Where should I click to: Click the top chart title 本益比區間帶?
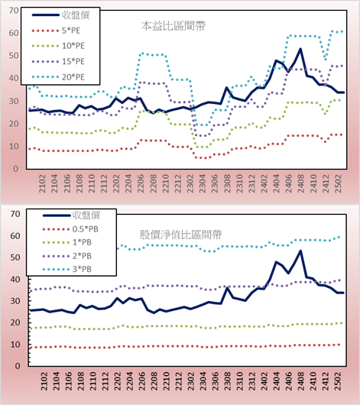[174, 26]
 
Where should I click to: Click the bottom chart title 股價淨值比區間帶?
[180, 235]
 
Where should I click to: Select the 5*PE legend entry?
[56, 31]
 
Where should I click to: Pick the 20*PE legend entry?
[58, 77]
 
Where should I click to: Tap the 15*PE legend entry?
[58, 61]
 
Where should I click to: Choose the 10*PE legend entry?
[58, 46]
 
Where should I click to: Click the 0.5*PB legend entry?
[70, 229]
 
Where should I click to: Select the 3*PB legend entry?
[67, 269]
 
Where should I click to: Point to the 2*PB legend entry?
[67, 256]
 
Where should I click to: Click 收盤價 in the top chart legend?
[60, 15]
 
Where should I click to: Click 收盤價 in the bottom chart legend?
[71, 215]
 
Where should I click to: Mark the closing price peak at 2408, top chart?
[300, 49]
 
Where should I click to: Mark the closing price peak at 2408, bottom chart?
[300, 251]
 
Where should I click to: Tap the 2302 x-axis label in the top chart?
[190, 183]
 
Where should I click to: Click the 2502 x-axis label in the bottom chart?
[339, 381]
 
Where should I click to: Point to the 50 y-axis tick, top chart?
[14, 56]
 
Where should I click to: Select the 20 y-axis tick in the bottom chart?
[15, 322]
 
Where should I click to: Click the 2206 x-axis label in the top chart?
[141, 183]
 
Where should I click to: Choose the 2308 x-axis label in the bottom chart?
[228, 381]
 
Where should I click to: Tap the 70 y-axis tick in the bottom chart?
[15, 214]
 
